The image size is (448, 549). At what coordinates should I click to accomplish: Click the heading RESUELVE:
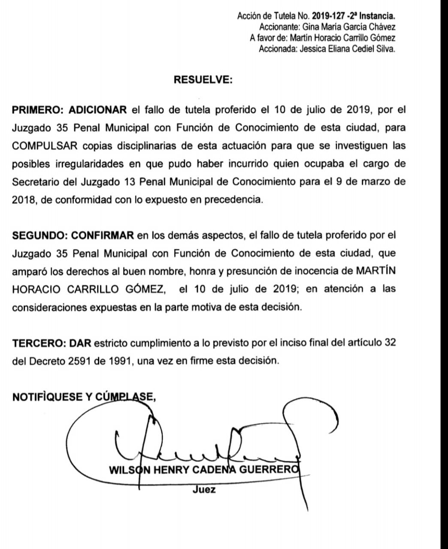click(x=203, y=80)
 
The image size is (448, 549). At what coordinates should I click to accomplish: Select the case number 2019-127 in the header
click(x=327, y=16)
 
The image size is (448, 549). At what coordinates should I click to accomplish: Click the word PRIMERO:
click(x=38, y=110)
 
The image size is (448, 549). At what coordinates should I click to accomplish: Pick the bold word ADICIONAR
click(x=98, y=110)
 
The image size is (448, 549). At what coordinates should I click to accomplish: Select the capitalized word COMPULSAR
click(x=45, y=145)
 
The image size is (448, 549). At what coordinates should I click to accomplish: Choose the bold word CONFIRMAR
click(x=103, y=235)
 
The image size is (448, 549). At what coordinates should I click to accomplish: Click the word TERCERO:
click(x=39, y=343)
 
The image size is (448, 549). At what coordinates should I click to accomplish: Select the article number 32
click(x=390, y=343)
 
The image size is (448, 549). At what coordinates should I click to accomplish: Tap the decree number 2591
click(x=79, y=361)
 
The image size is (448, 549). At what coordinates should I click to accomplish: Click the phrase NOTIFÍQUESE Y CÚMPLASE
click(x=84, y=397)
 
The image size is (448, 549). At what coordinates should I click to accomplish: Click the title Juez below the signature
click(x=204, y=489)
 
